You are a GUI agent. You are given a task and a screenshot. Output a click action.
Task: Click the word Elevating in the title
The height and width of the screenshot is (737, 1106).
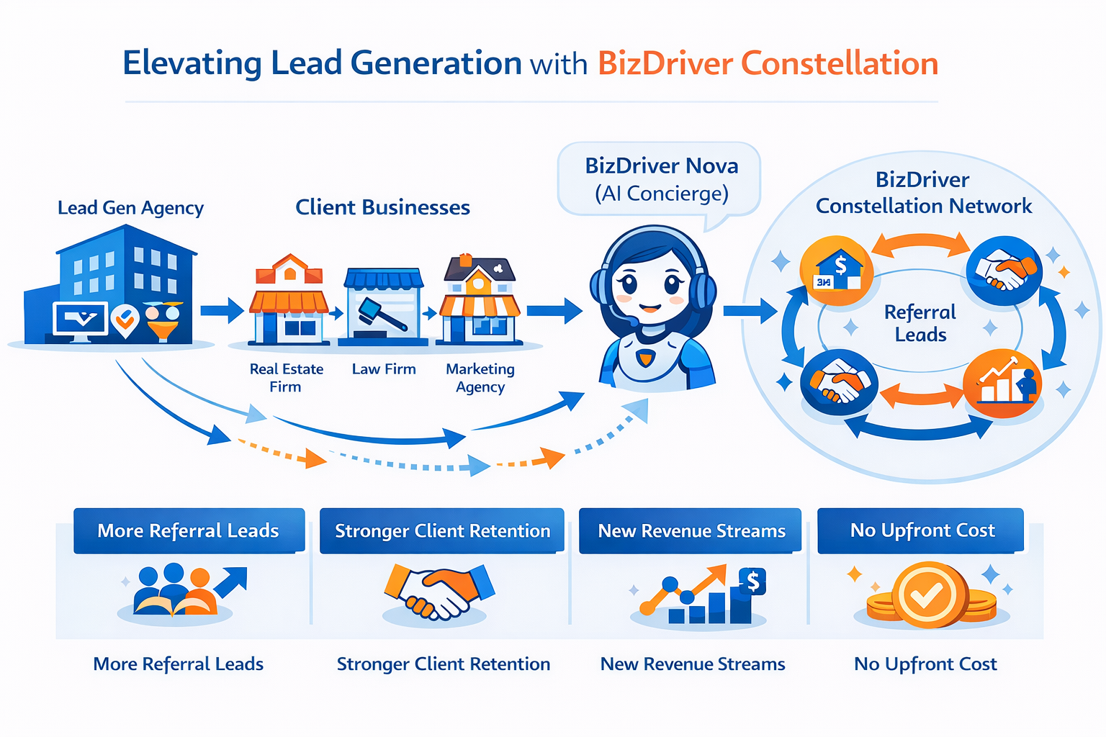[x=192, y=63]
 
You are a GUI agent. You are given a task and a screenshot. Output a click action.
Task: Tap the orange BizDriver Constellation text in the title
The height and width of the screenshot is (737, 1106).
[x=768, y=63]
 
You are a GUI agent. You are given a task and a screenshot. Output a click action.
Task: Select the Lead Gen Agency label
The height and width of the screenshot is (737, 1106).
[x=130, y=208]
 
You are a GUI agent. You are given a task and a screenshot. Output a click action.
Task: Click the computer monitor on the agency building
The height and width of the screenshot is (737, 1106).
[x=80, y=320]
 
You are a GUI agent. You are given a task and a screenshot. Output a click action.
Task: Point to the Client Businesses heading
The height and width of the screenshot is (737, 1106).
[x=382, y=207]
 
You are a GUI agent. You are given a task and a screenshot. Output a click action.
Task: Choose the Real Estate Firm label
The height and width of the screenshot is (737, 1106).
[x=286, y=377]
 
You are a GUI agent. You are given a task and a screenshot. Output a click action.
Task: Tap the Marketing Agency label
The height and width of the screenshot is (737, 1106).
[x=480, y=377]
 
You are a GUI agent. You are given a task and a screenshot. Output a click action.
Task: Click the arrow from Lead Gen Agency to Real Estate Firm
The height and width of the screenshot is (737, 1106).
[x=222, y=311]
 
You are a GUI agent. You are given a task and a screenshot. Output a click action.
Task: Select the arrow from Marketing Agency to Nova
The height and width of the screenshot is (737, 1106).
[x=554, y=311]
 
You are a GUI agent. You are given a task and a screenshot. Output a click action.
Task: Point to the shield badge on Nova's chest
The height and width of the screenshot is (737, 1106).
[x=646, y=358]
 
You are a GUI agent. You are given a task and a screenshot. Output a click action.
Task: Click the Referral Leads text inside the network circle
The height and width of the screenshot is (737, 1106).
[x=920, y=323]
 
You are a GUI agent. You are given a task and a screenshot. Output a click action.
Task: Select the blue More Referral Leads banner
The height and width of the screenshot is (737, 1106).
[x=189, y=530]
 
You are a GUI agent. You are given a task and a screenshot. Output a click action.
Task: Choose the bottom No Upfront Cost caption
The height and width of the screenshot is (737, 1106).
[x=925, y=664]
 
